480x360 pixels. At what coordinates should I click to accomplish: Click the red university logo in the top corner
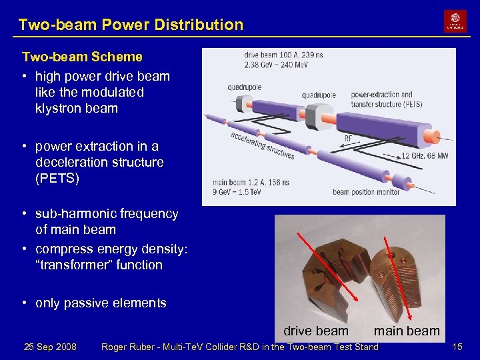455,21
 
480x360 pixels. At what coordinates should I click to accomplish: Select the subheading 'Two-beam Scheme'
82,57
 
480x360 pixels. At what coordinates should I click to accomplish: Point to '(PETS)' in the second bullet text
57,178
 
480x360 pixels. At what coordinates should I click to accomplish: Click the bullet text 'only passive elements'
101,303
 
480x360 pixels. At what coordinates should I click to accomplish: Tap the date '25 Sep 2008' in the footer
50,347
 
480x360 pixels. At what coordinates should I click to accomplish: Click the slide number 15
457,347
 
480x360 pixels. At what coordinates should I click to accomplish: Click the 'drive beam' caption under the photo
315,331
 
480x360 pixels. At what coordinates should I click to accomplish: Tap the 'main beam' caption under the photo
407,331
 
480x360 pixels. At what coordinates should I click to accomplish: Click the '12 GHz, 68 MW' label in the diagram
425,155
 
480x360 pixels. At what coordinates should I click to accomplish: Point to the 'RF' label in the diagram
349,139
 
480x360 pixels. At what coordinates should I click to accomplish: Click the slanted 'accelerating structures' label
263,143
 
